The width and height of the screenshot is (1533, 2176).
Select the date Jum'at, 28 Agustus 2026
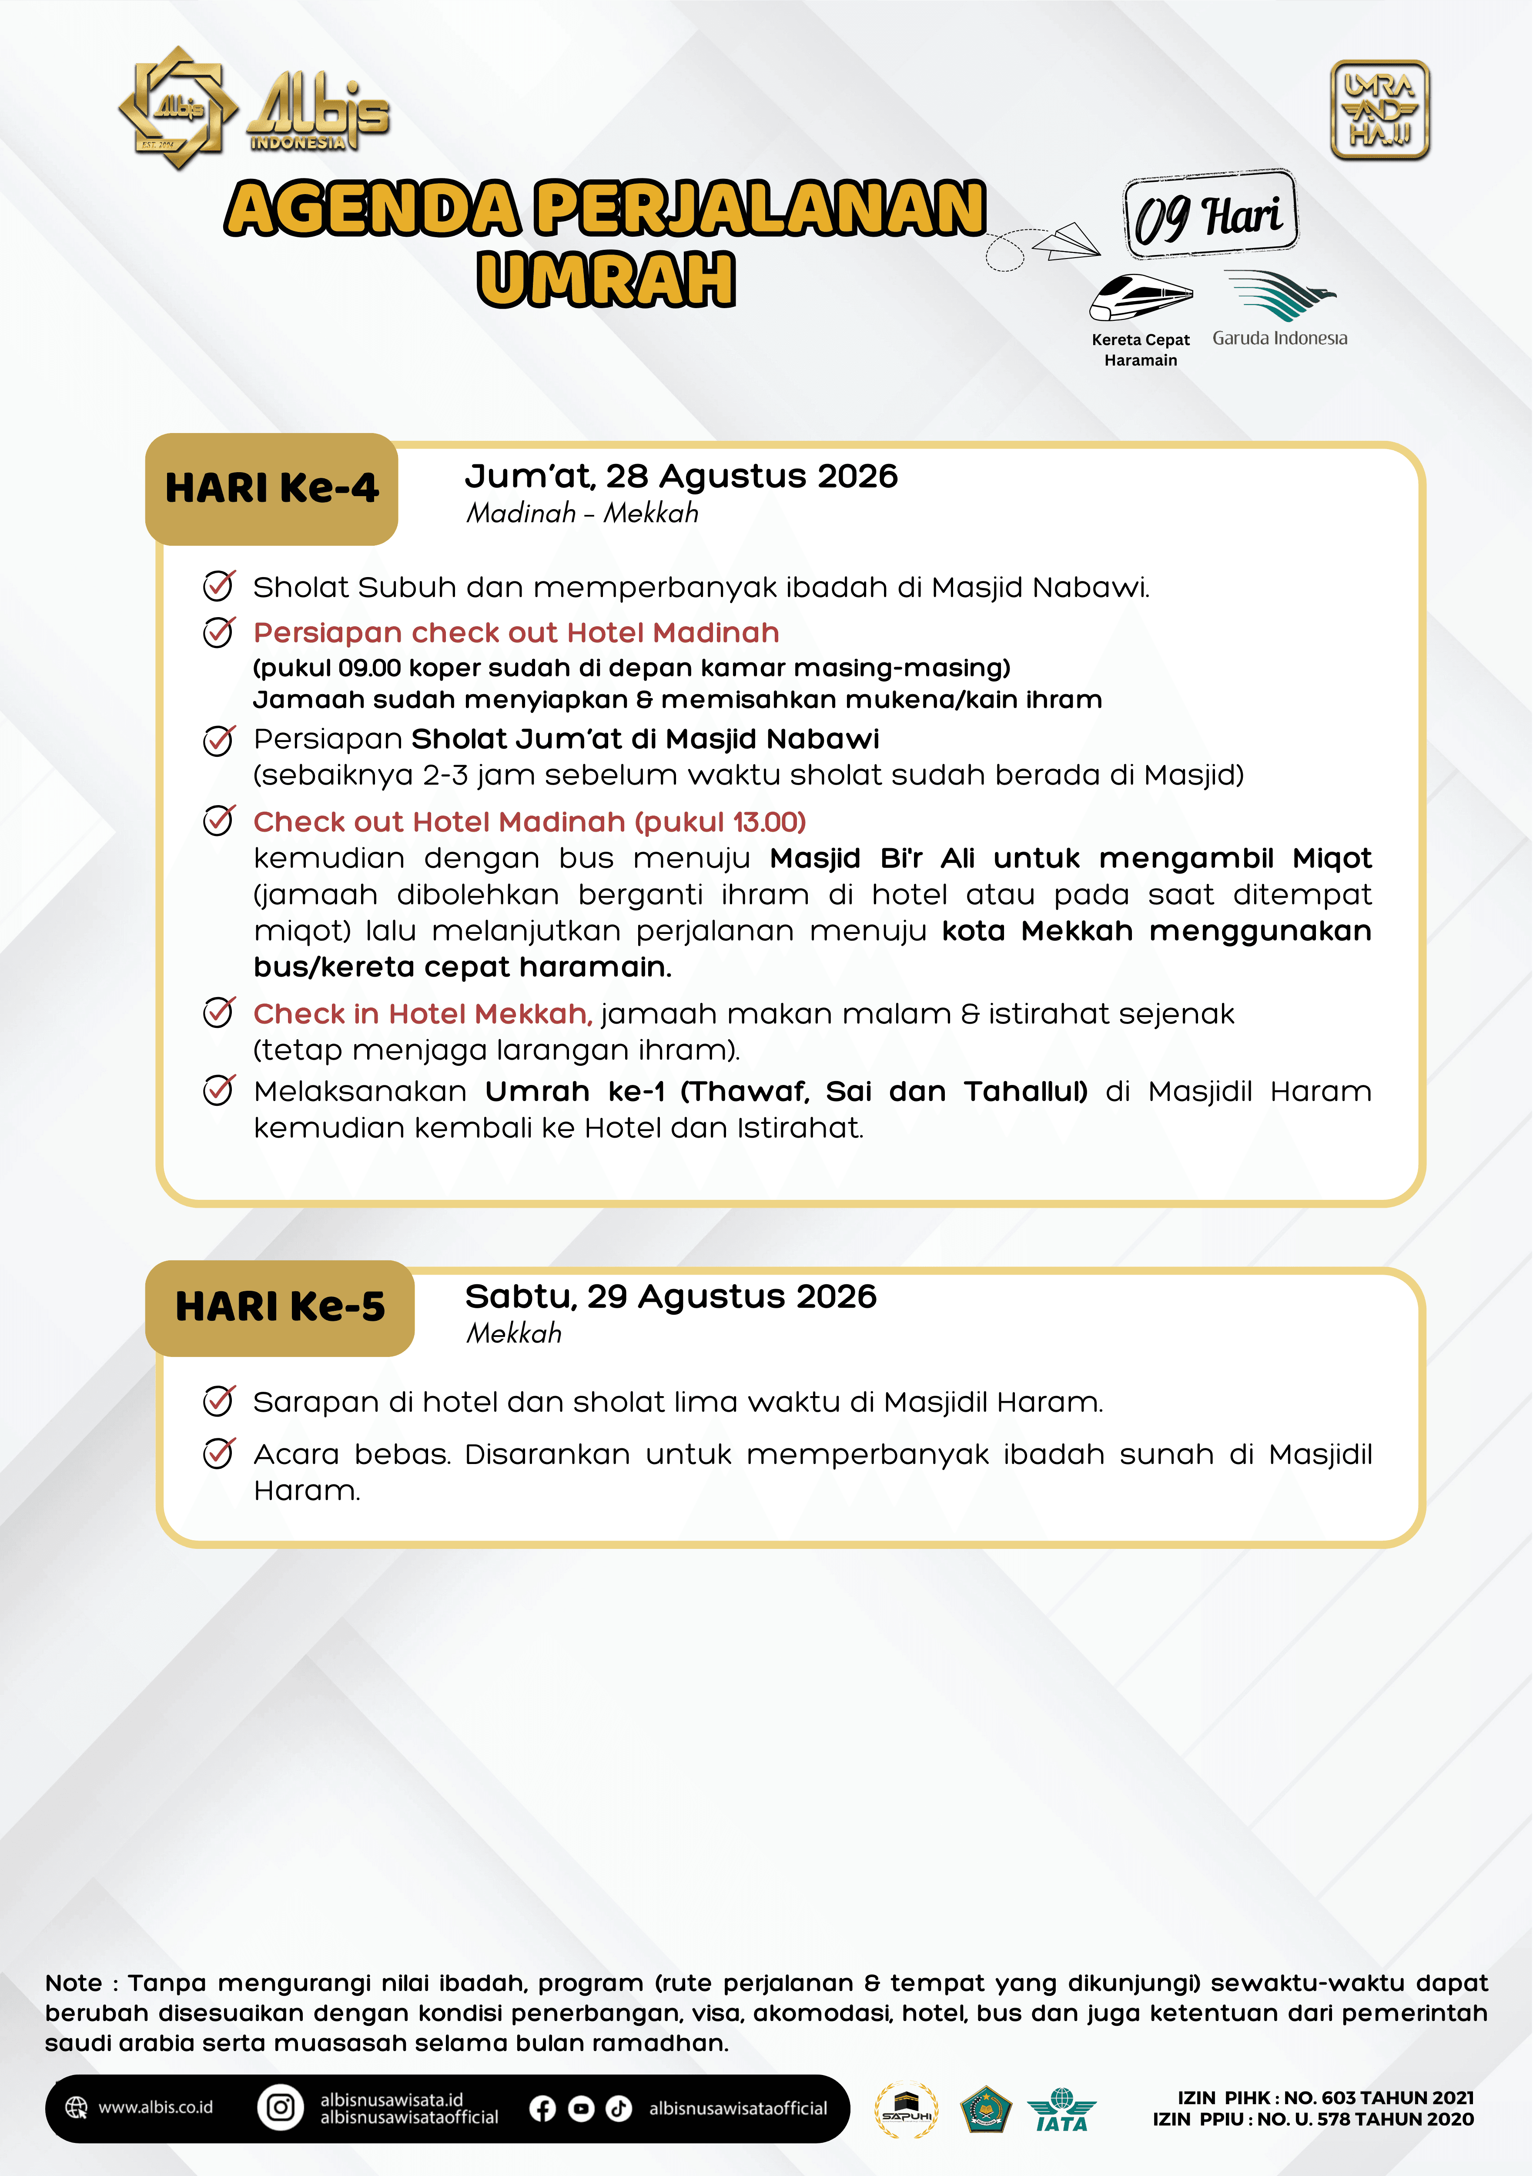pyautogui.click(x=680, y=476)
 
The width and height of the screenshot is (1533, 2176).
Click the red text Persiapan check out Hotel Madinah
pyautogui.click(x=516, y=633)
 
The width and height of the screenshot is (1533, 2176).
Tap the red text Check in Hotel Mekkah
pyautogui.click(x=422, y=1014)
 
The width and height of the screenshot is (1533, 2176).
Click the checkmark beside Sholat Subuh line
pyautogui.click(x=219, y=587)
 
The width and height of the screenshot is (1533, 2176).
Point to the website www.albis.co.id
pyautogui.click(x=155, y=2107)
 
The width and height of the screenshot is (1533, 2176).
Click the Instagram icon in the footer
pyautogui.click(x=281, y=2107)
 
